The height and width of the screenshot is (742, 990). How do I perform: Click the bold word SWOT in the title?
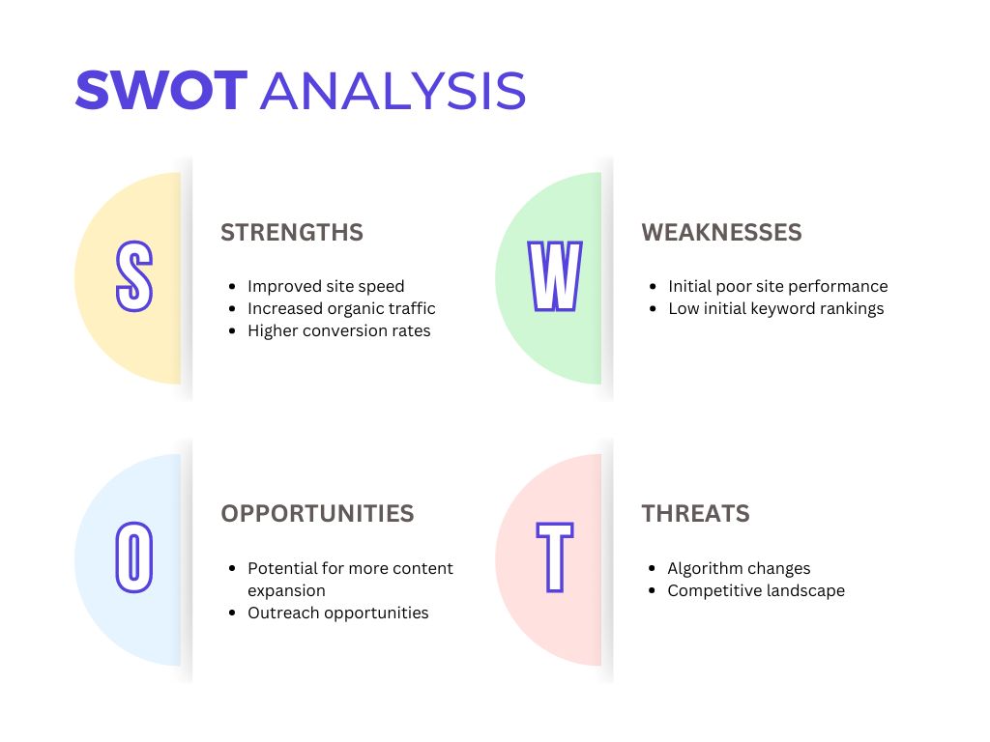tap(161, 90)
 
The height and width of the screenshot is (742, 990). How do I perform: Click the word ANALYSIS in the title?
tap(393, 90)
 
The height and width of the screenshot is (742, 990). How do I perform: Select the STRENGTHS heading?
tap(292, 232)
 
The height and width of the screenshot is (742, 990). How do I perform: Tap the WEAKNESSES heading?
tap(721, 232)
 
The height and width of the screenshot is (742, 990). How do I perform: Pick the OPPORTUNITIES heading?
tap(317, 514)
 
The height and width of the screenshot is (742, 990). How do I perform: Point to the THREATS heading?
tap(696, 514)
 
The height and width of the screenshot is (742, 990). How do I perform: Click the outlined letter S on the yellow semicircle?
tap(133, 275)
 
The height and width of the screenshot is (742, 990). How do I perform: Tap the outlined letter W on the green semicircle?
tap(554, 275)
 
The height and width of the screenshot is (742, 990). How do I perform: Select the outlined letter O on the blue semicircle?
tap(133, 557)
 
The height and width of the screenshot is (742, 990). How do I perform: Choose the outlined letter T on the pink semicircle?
tap(555, 557)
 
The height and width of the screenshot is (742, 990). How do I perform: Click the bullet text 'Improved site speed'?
tap(326, 286)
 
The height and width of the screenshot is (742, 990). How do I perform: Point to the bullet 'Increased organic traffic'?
tap(341, 308)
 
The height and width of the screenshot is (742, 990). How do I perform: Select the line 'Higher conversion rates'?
tap(339, 330)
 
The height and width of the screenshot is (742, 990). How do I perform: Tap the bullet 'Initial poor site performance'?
tap(778, 286)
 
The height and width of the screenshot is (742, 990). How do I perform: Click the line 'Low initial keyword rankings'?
tap(776, 308)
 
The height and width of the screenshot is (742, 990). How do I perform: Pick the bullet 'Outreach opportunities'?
tap(337, 613)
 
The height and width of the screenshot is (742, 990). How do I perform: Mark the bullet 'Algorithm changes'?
tap(739, 568)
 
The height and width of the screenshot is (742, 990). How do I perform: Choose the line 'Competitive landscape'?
tap(756, 590)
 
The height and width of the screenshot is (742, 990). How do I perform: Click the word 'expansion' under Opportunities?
tap(286, 591)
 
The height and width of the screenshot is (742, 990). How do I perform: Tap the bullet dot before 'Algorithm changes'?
tap(653, 568)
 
